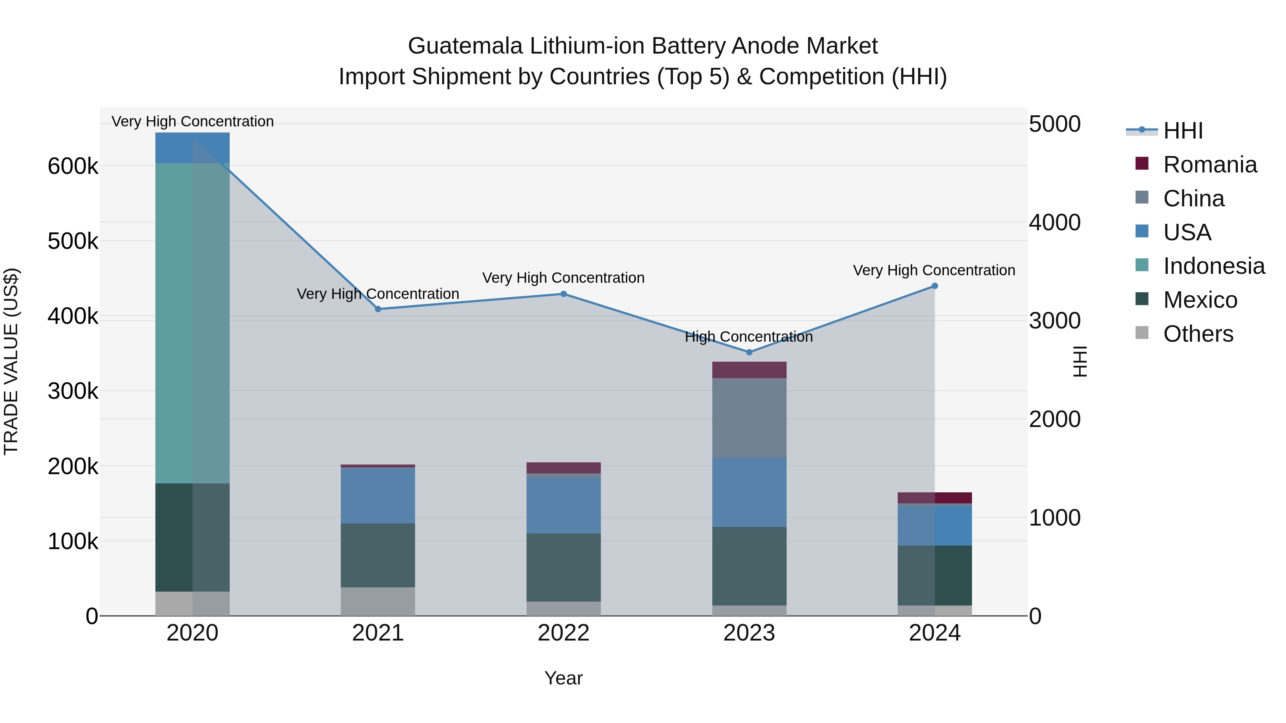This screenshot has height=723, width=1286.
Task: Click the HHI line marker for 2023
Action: (x=749, y=352)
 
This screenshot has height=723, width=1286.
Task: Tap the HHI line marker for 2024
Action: (x=934, y=286)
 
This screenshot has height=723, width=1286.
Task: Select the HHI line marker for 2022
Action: (x=564, y=294)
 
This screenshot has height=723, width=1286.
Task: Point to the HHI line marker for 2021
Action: (x=378, y=309)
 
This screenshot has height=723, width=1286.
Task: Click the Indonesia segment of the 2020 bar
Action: (x=192, y=323)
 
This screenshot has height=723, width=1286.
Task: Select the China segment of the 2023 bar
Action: (x=749, y=418)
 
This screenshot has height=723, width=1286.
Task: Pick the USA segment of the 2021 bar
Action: (x=378, y=496)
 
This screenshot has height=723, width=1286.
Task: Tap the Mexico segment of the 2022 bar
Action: (x=564, y=567)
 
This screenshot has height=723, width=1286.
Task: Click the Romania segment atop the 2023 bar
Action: (x=749, y=370)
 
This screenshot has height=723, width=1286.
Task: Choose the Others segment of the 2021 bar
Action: (x=378, y=601)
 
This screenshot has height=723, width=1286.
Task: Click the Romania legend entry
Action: (x=1209, y=165)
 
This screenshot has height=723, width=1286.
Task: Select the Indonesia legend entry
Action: (x=1213, y=266)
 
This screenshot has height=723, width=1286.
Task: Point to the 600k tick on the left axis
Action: (x=73, y=166)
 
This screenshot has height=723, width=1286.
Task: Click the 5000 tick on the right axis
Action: (x=1055, y=124)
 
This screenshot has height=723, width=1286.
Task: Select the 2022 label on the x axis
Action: (x=564, y=633)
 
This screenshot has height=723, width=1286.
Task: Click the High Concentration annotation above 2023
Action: (x=749, y=337)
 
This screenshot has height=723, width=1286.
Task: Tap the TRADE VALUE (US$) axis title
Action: (x=11, y=361)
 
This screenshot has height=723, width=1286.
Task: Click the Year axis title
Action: (x=564, y=678)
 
